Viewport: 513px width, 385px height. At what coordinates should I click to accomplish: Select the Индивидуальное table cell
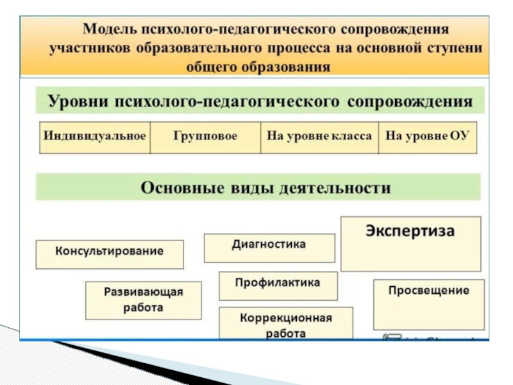click(x=95, y=137)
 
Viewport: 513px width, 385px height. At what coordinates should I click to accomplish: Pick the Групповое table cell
click(x=205, y=137)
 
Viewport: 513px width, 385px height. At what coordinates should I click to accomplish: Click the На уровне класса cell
click(x=319, y=137)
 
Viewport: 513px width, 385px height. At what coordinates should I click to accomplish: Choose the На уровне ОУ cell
click(x=428, y=137)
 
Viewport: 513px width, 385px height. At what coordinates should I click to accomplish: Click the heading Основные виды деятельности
click(x=265, y=188)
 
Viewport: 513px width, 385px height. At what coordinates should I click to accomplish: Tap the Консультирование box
click(x=109, y=252)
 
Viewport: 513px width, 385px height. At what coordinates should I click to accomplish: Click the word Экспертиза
click(x=410, y=231)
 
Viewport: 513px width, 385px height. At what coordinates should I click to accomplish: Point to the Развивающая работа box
click(x=144, y=300)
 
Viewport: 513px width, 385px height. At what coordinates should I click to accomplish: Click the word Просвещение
click(x=428, y=291)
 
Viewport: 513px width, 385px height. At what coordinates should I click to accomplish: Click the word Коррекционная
click(x=285, y=318)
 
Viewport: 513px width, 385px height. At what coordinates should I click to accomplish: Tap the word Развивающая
click(x=144, y=293)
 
